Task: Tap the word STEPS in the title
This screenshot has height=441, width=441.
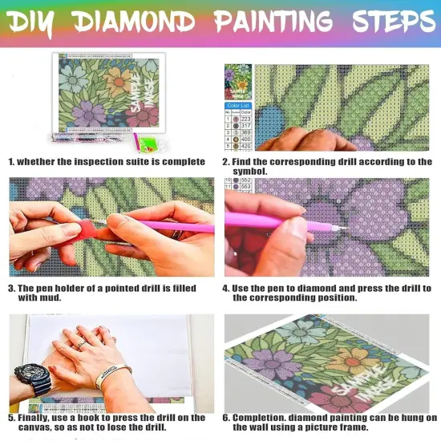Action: pos(377,21)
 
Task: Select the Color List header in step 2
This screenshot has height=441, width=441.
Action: pos(238,105)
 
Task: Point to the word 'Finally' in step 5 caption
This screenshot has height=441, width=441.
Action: pos(37,418)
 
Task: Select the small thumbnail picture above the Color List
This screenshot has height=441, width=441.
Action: pos(238,81)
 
